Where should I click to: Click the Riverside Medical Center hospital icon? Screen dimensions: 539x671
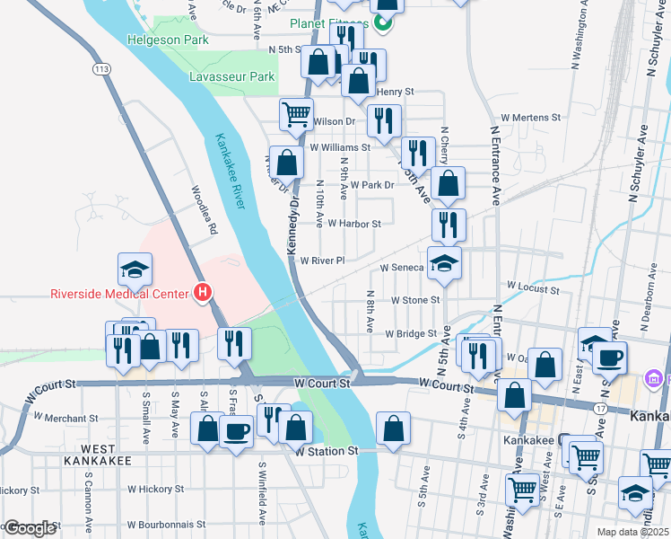click(x=204, y=293)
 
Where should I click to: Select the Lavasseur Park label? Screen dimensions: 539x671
click(x=231, y=77)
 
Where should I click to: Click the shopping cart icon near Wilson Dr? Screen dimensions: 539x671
click(x=296, y=114)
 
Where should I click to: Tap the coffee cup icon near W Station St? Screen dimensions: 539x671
click(x=237, y=431)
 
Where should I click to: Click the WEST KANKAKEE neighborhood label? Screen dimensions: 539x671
click(x=93, y=454)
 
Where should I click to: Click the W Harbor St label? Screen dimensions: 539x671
click(x=354, y=224)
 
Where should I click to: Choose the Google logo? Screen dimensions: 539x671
click(x=30, y=528)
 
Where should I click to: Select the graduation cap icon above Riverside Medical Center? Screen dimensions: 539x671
click(x=135, y=269)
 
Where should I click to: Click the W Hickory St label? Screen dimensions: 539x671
click(x=155, y=490)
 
